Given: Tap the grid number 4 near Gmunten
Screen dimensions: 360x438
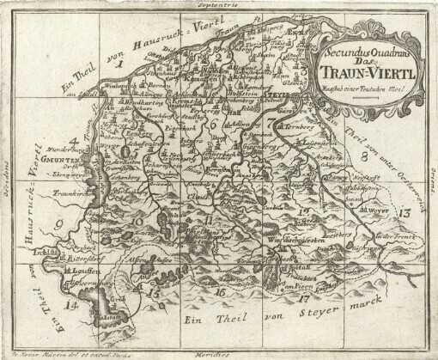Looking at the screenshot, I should [x=76, y=138].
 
